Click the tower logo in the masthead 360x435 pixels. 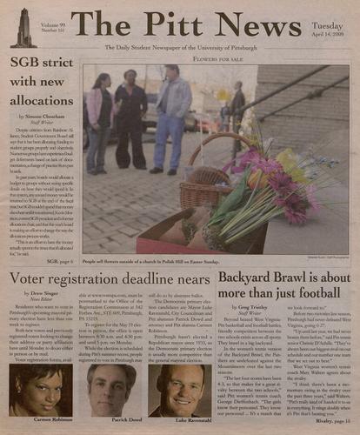click(x=21, y=27)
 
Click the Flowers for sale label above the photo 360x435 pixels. click(x=214, y=60)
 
